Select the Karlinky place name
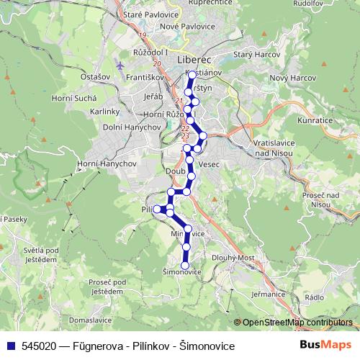tap(104, 112)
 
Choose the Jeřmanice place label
tap(279, 294)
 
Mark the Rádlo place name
tap(315, 297)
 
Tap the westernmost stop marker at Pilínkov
tap(157, 209)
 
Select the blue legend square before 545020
tap(10, 346)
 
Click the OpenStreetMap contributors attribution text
tap(297, 323)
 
